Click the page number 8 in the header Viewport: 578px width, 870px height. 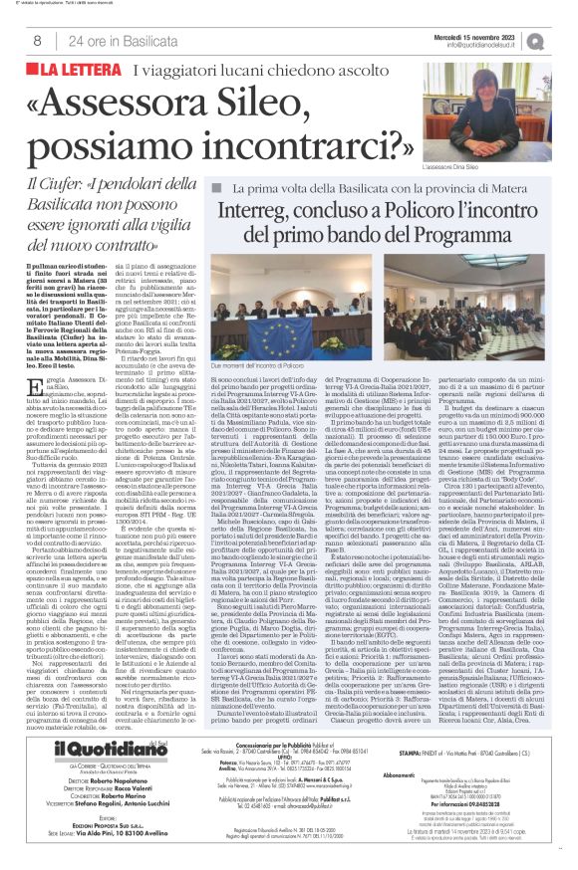(x=38, y=41)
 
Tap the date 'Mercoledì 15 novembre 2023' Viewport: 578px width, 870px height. (x=487, y=33)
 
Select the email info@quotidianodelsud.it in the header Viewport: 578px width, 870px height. (x=487, y=45)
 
